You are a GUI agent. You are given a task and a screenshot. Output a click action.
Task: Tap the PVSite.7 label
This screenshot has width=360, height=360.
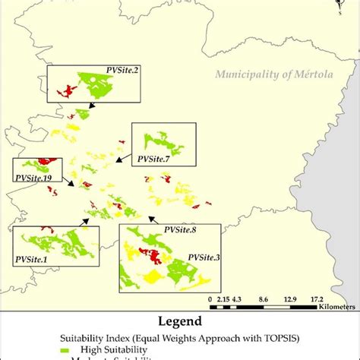click(153, 159)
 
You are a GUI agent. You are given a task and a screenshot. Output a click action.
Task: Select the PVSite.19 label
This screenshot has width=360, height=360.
click(33, 177)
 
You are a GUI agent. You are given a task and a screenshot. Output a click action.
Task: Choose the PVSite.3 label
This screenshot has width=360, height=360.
click(203, 258)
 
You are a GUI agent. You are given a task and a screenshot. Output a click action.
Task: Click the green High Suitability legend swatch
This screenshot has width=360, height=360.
click(65, 349)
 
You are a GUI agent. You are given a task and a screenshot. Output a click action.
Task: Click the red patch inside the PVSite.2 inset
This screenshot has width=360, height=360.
click(66, 92)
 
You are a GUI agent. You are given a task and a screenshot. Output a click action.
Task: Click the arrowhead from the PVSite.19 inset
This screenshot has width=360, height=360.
click(74, 185)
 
